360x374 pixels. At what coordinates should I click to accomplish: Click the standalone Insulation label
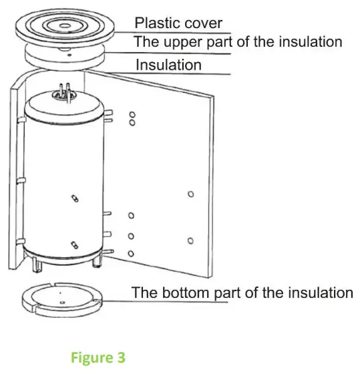pyautogui.click(x=168, y=65)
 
